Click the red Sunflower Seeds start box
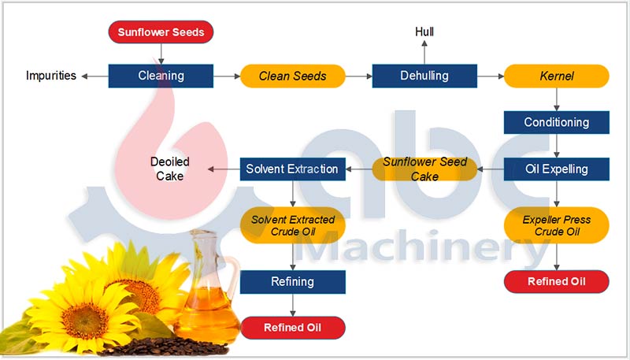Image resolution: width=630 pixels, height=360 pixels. (161, 32)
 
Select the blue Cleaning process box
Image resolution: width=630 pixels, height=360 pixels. (161, 76)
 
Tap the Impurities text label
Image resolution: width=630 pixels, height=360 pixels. (51, 76)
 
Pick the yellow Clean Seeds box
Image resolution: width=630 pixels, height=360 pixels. (292, 76)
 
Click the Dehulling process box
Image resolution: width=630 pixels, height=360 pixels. (424, 76)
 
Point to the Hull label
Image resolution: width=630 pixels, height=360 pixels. (424, 32)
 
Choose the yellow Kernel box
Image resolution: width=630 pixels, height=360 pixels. (556, 76)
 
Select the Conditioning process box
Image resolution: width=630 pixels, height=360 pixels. (556, 122)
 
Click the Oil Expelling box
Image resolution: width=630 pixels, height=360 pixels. (556, 168)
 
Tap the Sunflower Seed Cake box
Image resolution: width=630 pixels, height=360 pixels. (424, 169)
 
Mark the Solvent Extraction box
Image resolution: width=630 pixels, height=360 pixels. (292, 169)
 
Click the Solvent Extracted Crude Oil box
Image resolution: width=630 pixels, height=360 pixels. (292, 225)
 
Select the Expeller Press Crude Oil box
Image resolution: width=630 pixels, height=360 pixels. (556, 225)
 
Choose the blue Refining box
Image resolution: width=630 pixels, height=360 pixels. (292, 281)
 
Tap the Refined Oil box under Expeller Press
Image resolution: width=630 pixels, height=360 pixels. (556, 281)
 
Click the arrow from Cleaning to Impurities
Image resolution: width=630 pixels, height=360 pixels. (94, 76)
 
